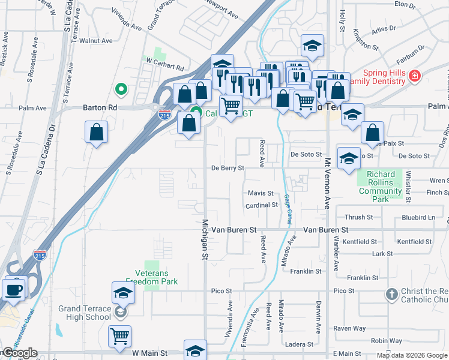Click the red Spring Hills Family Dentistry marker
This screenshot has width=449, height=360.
click(414, 76)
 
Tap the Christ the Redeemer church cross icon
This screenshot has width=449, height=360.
click(391, 295)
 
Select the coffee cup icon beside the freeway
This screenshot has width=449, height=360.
click(13, 289)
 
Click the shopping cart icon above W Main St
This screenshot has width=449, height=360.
click(120, 336)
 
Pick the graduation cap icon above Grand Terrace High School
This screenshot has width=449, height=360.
click(122, 293)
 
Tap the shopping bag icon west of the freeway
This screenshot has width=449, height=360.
click(96, 132)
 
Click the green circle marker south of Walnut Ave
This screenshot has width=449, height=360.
click(121, 90)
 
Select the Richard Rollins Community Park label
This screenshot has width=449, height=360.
click(380, 183)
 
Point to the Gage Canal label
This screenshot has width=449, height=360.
click(288, 209)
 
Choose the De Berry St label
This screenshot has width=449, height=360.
click(228, 169)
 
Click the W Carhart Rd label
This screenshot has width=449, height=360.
click(164, 61)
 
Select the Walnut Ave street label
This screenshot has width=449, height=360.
click(100, 41)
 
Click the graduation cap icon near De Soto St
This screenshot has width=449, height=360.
click(348, 158)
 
